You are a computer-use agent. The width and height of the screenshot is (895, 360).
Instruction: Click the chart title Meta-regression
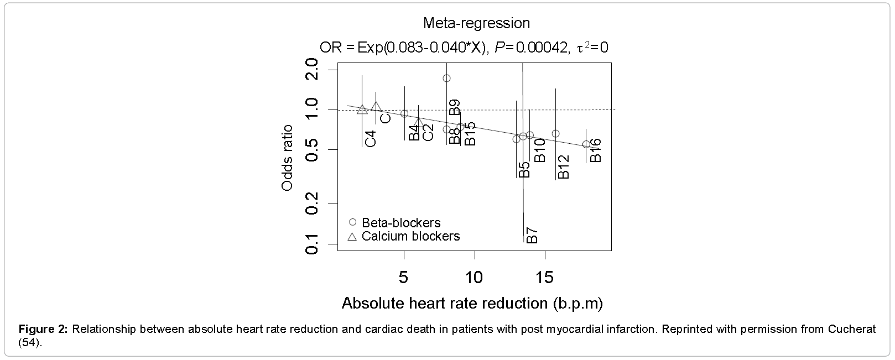click(476, 23)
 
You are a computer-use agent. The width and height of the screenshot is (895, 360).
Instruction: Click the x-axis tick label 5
click(404, 276)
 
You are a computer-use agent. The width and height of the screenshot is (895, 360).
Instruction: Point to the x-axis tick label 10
click(475, 276)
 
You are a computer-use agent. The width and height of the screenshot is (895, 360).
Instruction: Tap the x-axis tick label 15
click(545, 276)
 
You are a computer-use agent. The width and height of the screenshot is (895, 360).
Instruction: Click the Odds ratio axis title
click(287, 158)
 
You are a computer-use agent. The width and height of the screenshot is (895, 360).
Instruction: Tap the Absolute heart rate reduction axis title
click(472, 303)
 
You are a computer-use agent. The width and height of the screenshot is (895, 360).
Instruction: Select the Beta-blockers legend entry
click(401, 223)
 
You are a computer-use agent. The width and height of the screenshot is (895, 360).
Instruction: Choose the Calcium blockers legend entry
click(410, 236)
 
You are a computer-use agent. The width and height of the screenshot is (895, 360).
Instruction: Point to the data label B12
click(563, 166)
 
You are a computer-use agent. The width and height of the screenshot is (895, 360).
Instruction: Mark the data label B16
click(595, 150)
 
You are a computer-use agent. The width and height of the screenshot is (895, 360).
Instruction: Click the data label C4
click(371, 138)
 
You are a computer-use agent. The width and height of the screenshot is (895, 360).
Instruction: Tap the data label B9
click(455, 107)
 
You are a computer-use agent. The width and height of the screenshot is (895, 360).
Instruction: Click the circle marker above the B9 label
click(447, 78)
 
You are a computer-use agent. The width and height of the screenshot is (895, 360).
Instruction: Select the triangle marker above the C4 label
click(362, 109)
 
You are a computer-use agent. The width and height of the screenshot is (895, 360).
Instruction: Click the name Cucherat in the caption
click(852, 330)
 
